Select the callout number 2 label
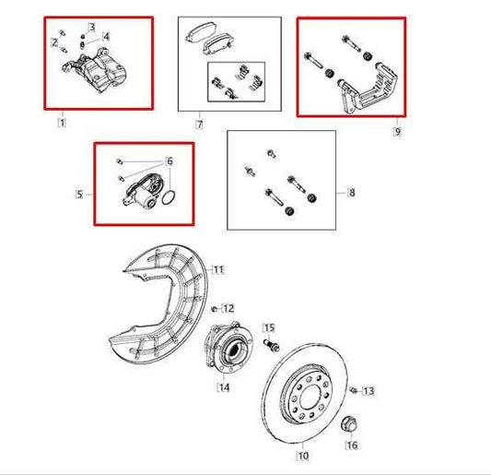coord(54,43)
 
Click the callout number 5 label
coord(79,194)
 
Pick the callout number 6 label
coord(169,161)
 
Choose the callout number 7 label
coord(198,123)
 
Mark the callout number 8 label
coord(351,193)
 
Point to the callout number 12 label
coord(228,308)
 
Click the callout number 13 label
coord(368,392)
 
